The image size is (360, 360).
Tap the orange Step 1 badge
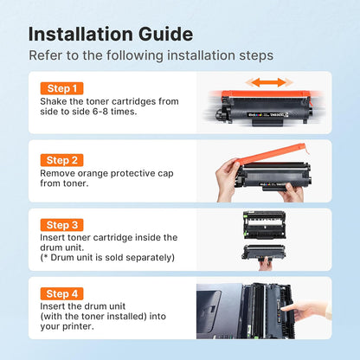[62, 88]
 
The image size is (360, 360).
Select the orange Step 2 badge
[62, 160]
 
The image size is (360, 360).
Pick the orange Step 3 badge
[62, 224]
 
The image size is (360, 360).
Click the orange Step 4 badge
[62, 294]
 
